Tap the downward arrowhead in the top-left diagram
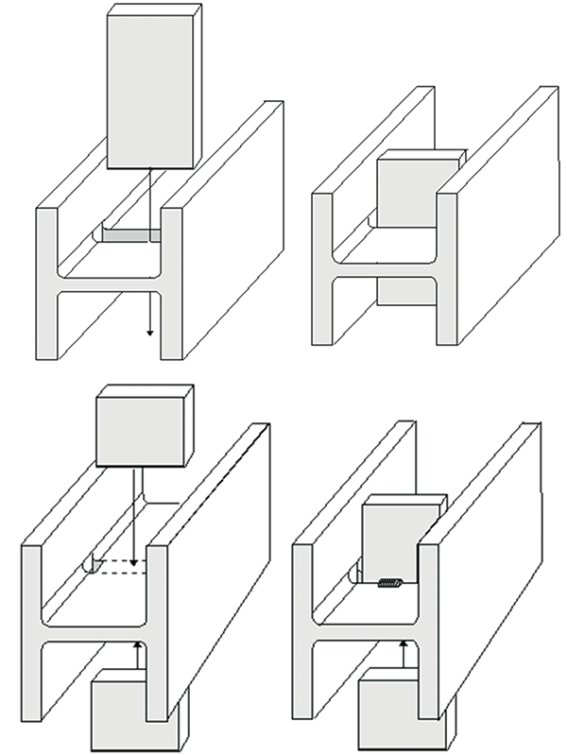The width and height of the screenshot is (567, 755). pos(149,333)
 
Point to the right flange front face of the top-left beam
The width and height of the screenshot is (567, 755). pos(171,283)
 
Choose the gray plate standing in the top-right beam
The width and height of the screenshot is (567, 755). pos(406,194)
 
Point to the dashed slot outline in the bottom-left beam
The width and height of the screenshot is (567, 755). pos(113,565)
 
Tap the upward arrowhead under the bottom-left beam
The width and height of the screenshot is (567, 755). pos(137,644)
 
